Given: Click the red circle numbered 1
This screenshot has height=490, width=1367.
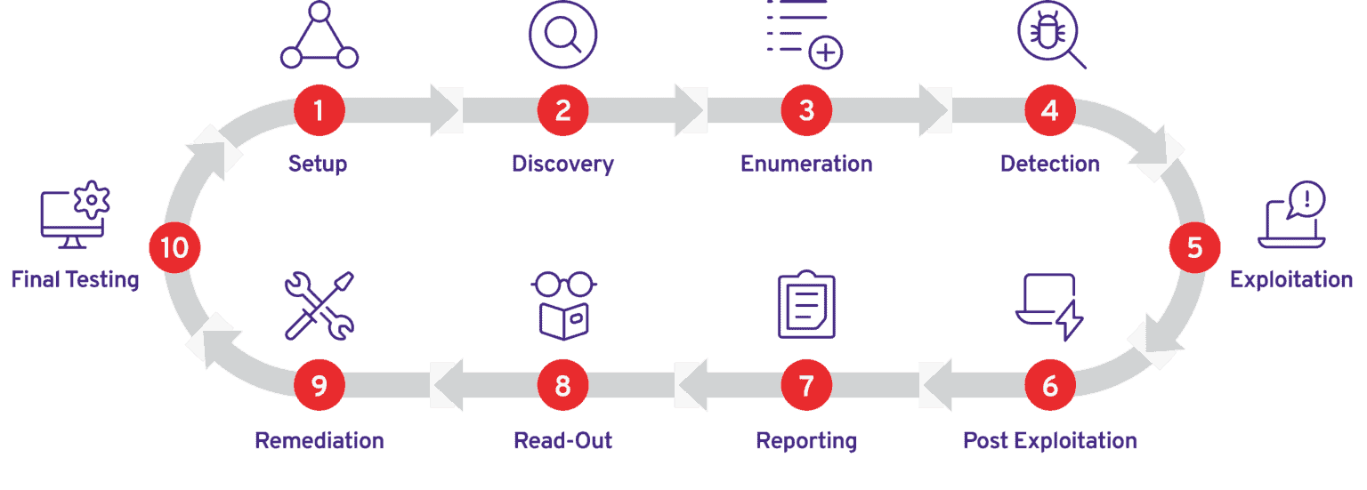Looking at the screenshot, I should pyautogui.click(x=319, y=111).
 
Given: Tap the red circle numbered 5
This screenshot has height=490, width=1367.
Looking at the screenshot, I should pyautogui.click(x=1194, y=248).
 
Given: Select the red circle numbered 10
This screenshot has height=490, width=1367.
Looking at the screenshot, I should pyautogui.click(x=174, y=248).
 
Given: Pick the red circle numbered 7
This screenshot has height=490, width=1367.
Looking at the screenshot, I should pyautogui.click(x=806, y=385).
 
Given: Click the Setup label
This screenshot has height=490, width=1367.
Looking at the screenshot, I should pyautogui.click(x=318, y=164).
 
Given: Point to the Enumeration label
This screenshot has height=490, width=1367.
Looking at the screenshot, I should pyautogui.click(x=806, y=164).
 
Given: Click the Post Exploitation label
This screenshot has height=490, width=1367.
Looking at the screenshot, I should pyautogui.click(x=1050, y=440).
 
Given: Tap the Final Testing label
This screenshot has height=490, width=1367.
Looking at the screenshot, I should pyautogui.click(x=76, y=279).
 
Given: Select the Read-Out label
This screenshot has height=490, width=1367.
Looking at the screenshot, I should pyautogui.click(x=563, y=440).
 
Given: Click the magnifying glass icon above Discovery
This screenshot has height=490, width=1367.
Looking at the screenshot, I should pyautogui.click(x=562, y=36).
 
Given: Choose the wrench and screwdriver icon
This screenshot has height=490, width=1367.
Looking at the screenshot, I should pyautogui.click(x=319, y=305).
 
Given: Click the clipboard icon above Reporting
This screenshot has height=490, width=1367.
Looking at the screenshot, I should pyautogui.click(x=806, y=305).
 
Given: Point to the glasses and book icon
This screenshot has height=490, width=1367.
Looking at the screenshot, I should pyautogui.click(x=563, y=305).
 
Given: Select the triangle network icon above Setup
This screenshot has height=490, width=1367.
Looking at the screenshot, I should pyautogui.click(x=319, y=37).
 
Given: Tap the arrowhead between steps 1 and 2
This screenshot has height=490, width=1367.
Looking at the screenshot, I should pyautogui.click(x=446, y=111).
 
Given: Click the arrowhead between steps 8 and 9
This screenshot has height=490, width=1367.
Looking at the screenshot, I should pyautogui.click(x=445, y=385).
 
